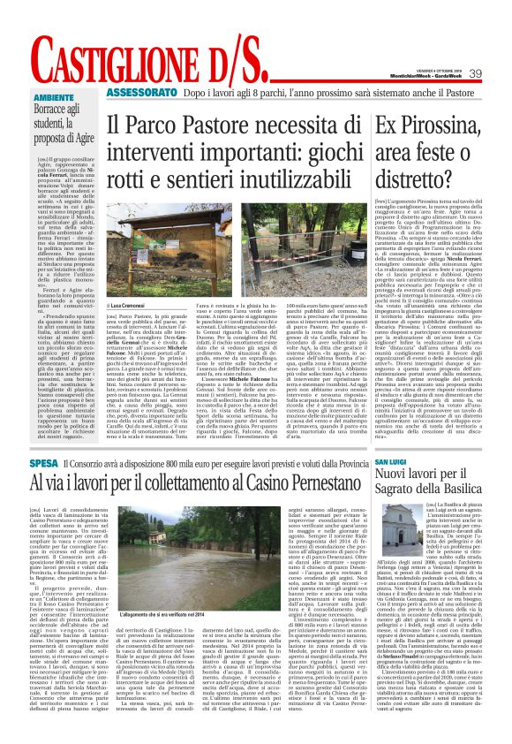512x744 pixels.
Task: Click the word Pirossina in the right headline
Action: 450,125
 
